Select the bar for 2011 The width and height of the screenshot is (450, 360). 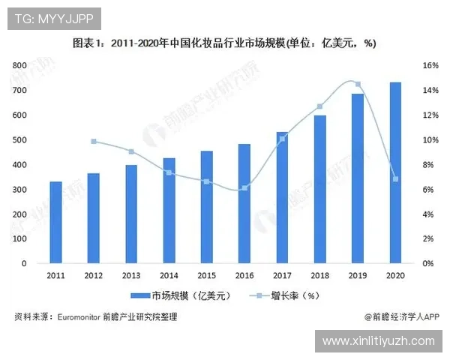tap(56, 223)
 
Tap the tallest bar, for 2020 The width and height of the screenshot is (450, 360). tap(394, 173)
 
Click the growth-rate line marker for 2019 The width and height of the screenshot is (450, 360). tap(358, 84)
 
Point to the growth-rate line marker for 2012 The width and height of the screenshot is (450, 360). tap(94, 141)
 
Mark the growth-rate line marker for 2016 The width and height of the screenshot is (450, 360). tap(244, 187)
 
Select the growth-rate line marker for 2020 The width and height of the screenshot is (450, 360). tap(394, 178)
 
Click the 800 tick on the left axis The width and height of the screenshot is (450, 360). tap(20, 66)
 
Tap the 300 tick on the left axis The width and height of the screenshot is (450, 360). tap(20, 190)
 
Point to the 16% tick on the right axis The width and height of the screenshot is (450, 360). tap(430, 66)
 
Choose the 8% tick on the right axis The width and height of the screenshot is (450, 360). tap(427, 165)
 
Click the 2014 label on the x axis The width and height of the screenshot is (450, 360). tap(169, 276)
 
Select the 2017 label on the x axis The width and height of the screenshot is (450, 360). tap(282, 276)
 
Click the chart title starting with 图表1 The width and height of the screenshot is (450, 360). tap(224, 43)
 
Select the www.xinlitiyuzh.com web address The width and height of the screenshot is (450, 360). tap(378, 341)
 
